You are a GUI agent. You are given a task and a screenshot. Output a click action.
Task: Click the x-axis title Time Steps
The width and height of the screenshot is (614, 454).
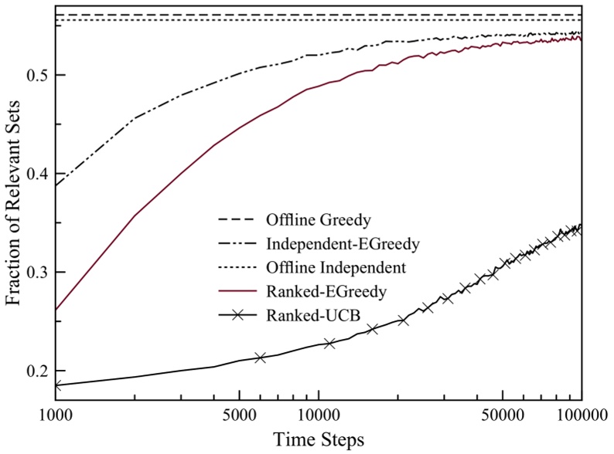[318, 439]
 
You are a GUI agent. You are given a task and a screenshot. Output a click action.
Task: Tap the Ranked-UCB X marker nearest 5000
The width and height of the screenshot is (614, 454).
[260, 357]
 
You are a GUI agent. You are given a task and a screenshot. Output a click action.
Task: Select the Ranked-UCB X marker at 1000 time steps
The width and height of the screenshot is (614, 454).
[56, 385]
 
